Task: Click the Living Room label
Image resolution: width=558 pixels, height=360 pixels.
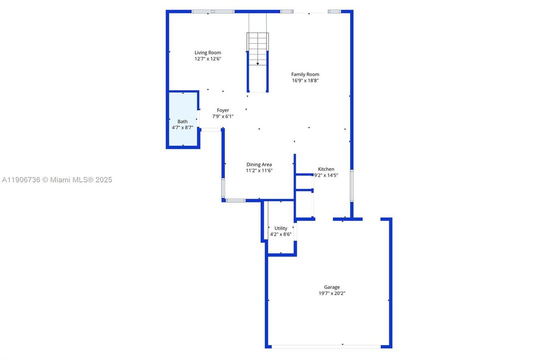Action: (x=208, y=52)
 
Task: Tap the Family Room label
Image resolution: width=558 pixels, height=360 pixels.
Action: (x=305, y=74)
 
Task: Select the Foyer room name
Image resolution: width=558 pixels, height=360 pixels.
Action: (x=223, y=110)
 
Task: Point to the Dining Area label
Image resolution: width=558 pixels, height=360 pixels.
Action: (x=259, y=164)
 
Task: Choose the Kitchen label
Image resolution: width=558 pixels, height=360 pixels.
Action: (x=326, y=169)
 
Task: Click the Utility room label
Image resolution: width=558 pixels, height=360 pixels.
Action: (x=281, y=228)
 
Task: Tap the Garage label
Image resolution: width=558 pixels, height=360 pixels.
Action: (x=332, y=287)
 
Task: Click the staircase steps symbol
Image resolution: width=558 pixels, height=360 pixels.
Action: (x=258, y=48)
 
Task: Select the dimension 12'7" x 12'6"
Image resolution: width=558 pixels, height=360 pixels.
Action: (x=208, y=58)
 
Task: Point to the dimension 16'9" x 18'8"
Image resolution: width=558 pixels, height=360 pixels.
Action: (x=305, y=80)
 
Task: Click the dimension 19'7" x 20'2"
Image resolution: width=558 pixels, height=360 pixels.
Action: (x=332, y=293)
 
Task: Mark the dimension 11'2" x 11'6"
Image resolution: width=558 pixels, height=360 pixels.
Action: (x=259, y=170)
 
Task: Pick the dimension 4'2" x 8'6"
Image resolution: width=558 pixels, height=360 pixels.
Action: (x=281, y=234)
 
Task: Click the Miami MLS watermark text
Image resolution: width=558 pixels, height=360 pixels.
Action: (x=57, y=179)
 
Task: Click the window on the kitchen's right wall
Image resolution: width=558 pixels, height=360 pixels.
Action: (x=352, y=185)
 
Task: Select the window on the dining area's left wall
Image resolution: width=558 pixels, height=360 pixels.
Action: (x=223, y=188)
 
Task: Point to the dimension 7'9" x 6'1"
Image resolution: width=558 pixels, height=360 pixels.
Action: (x=223, y=116)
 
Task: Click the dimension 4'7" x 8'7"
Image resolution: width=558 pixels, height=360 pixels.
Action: (x=182, y=127)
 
